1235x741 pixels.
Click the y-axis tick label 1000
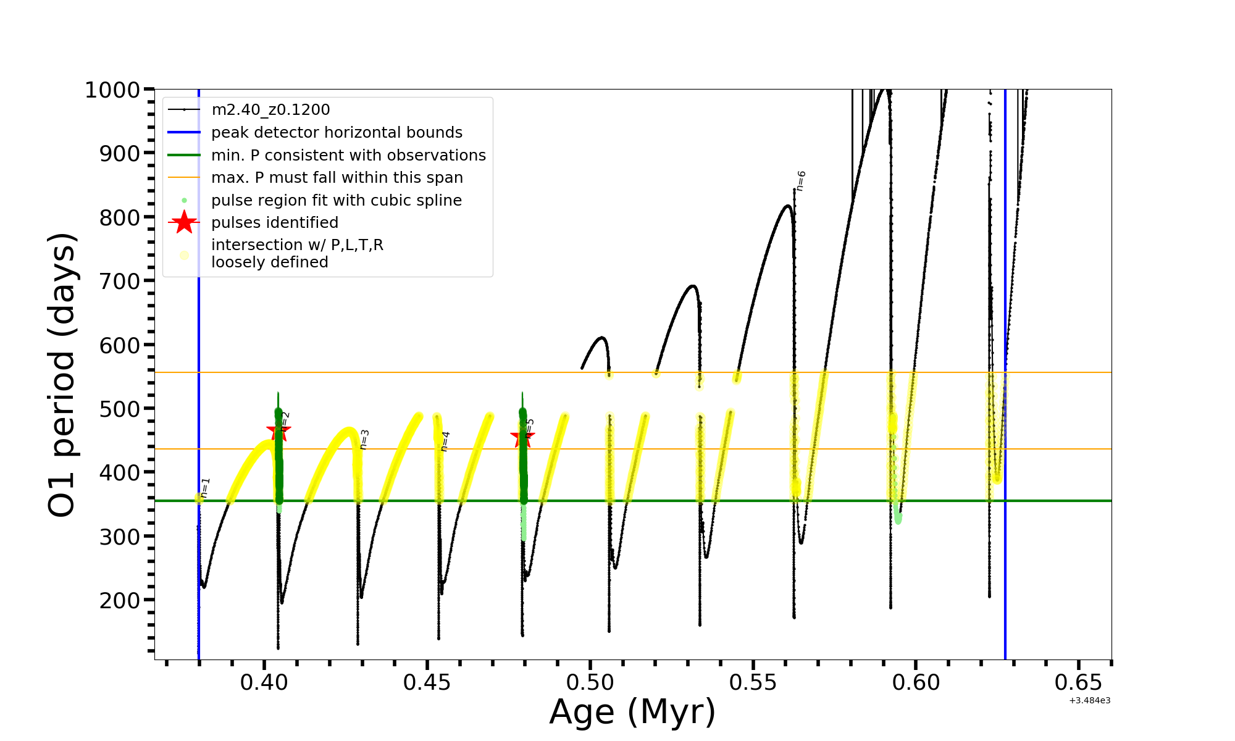pyautogui.click(x=112, y=90)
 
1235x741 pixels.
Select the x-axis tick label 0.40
pyautogui.click(x=264, y=682)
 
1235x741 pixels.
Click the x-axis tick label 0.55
pyautogui.click(x=753, y=682)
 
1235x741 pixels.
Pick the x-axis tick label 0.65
pyautogui.click(x=1078, y=682)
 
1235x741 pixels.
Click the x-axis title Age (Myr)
pyautogui.click(x=632, y=712)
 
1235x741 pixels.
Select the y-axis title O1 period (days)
pyautogui.click(x=62, y=375)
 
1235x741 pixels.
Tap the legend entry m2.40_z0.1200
pyautogui.click(x=270, y=110)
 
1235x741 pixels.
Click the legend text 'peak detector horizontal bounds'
pyautogui.click(x=337, y=133)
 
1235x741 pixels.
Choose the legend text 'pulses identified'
pyautogui.click(x=275, y=223)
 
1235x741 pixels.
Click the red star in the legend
pyautogui.click(x=184, y=222)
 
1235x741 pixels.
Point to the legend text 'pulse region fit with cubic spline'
pyautogui.click(x=337, y=201)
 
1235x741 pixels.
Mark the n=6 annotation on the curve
pyautogui.click(x=801, y=181)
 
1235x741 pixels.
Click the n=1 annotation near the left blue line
pyautogui.click(x=206, y=487)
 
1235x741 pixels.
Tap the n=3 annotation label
pyautogui.click(x=364, y=439)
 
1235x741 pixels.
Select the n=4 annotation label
pyautogui.click(x=445, y=442)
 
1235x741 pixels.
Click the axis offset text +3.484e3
pyautogui.click(x=1089, y=701)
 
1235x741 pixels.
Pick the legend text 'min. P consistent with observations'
pyautogui.click(x=348, y=156)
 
